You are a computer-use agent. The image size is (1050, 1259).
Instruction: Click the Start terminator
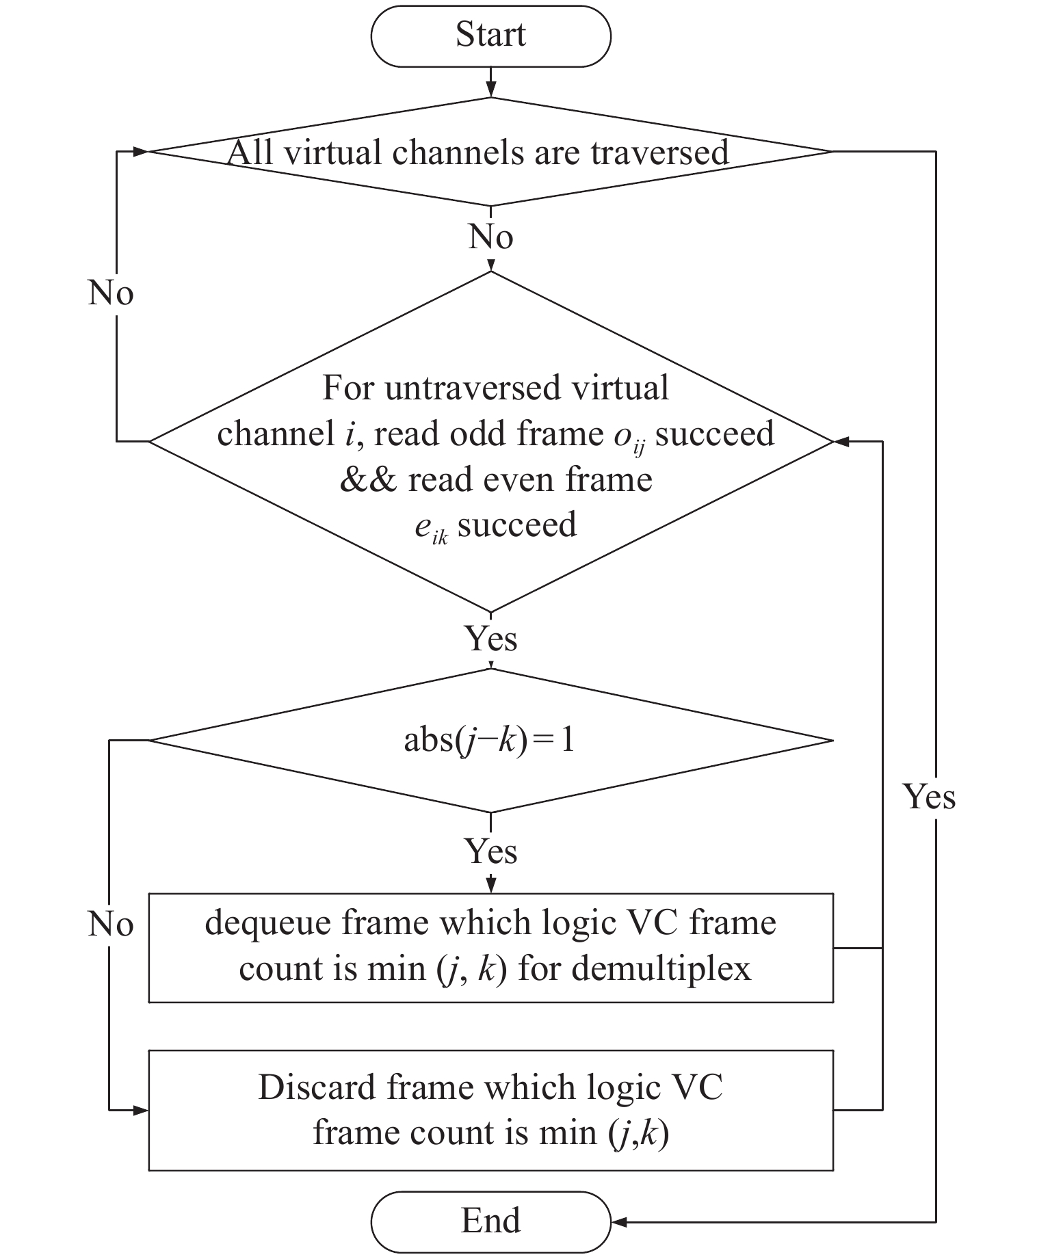click(490, 36)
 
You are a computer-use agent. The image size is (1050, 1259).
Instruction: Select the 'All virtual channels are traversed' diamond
click(490, 151)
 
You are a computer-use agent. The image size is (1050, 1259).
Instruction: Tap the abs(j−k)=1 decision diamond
click(490, 740)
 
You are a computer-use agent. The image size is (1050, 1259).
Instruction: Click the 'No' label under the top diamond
click(490, 237)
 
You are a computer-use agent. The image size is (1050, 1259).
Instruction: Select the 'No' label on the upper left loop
click(111, 293)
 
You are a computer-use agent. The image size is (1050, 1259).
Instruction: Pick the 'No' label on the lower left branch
click(111, 925)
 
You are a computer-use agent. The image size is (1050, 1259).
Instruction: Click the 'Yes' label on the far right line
click(929, 797)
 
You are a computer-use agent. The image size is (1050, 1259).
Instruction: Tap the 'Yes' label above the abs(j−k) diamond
click(490, 638)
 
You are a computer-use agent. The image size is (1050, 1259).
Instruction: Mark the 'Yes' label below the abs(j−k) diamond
click(490, 851)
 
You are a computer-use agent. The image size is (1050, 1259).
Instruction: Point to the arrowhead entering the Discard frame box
click(142, 1111)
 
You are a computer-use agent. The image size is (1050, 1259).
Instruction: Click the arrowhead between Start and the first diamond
click(490, 90)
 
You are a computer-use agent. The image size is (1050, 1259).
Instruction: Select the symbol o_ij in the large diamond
click(629, 438)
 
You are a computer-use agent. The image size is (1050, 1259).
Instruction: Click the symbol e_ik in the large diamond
click(431, 529)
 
